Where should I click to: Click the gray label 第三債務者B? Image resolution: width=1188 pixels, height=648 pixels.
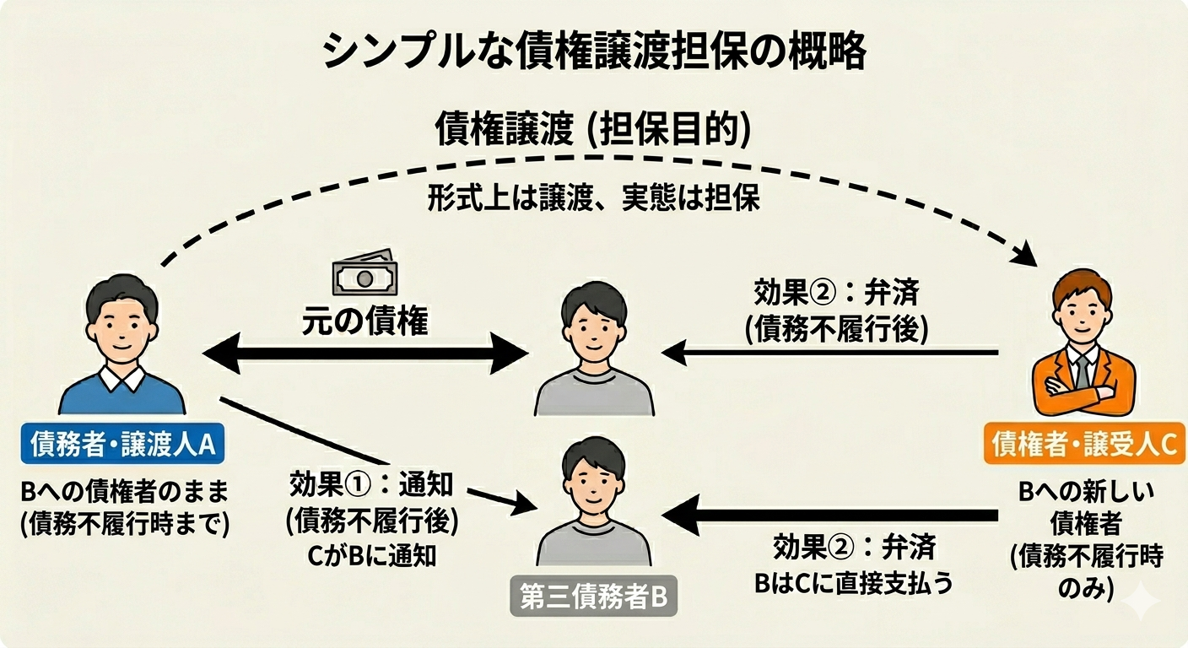[x=593, y=597]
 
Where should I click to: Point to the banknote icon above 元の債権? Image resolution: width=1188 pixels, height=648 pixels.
[x=364, y=275]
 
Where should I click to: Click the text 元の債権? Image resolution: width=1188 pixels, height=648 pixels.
[x=365, y=322]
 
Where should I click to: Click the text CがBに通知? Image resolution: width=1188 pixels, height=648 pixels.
[x=372, y=557]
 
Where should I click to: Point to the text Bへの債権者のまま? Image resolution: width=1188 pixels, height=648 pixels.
[x=125, y=491]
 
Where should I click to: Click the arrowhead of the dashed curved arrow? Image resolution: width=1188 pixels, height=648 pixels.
[x=1028, y=254]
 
